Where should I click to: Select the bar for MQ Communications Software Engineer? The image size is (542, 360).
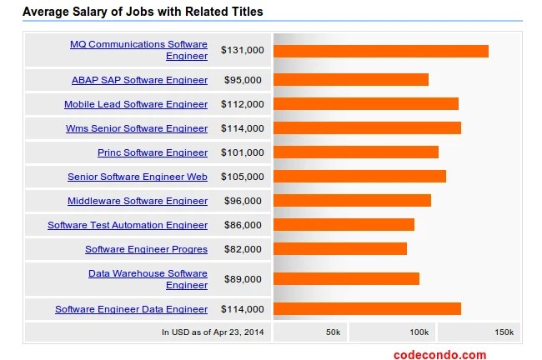pyautogui.click(x=380, y=51)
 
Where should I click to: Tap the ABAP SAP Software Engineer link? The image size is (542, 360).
pyautogui.click(x=139, y=80)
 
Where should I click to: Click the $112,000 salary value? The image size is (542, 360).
pyautogui.click(x=242, y=104)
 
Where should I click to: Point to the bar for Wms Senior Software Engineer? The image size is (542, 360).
pyautogui.click(x=367, y=128)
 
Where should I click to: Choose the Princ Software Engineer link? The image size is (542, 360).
pyautogui.click(x=152, y=152)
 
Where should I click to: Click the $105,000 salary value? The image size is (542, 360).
pyautogui.click(x=242, y=177)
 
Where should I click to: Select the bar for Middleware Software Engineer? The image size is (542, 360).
pyautogui.click(x=352, y=201)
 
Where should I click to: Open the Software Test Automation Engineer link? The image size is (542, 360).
pyautogui.click(x=127, y=225)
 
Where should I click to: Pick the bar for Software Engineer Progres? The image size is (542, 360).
pyautogui.click(x=340, y=249)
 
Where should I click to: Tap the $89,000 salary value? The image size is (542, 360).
pyautogui.click(x=243, y=279)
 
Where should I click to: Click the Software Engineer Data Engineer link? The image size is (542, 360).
pyautogui.click(x=131, y=309)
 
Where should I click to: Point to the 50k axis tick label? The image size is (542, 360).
pyautogui.click(x=333, y=332)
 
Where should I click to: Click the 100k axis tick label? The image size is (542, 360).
pyautogui.click(x=419, y=332)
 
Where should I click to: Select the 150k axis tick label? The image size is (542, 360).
pyautogui.click(x=504, y=332)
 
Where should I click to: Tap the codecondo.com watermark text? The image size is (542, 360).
pyautogui.click(x=439, y=354)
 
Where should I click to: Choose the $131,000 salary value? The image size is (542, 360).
pyautogui.click(x=242, y=51)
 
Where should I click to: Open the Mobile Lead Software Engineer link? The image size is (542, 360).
pyautogui.click(x=136, y=104)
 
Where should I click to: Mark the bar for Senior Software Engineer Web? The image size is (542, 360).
pyautogui.click(x=359, y=177)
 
